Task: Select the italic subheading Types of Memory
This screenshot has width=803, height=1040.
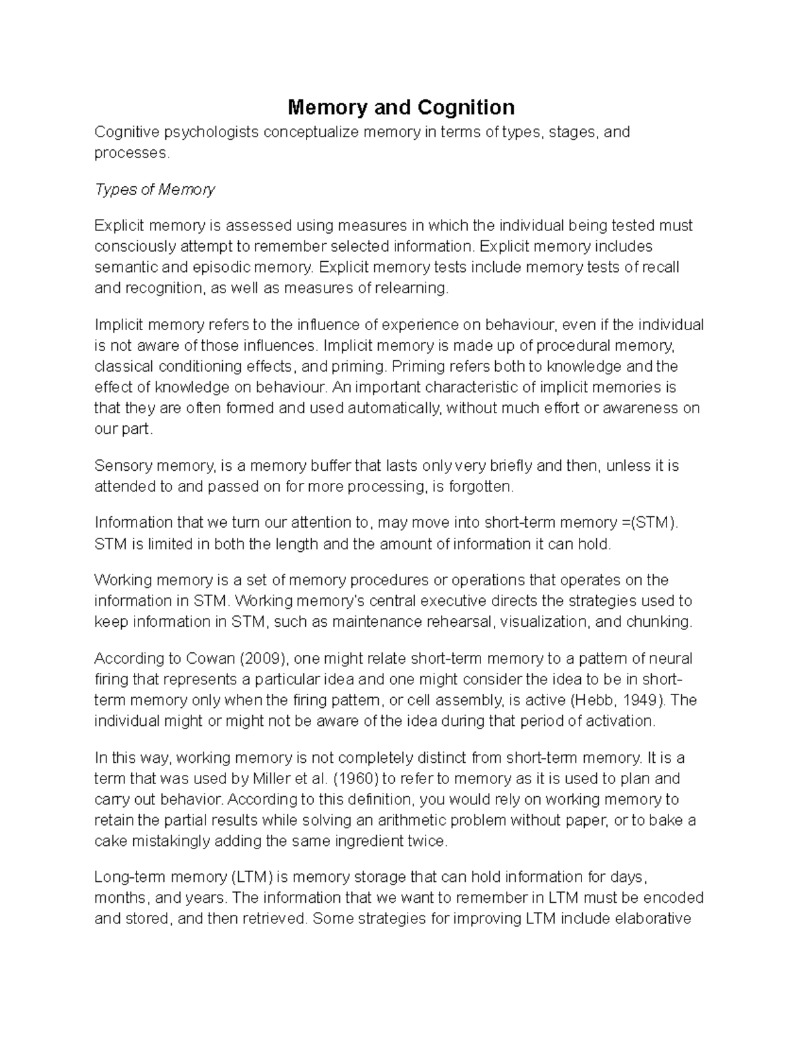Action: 155,190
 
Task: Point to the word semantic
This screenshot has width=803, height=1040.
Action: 126,267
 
